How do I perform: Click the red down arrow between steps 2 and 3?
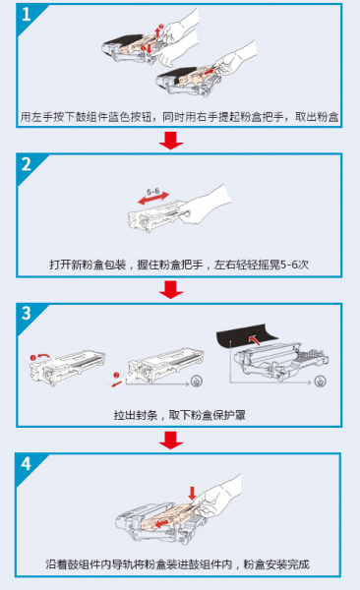173,289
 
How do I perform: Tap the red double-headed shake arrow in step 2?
158,200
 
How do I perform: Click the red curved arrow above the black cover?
257,340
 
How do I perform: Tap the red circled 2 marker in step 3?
117,374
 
